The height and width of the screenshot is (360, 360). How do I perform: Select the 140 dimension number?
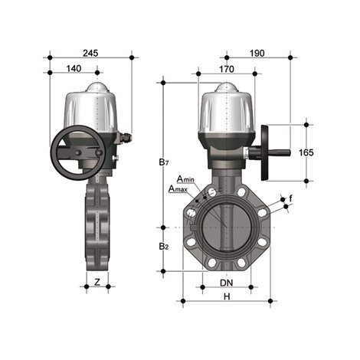[x=74, y=68]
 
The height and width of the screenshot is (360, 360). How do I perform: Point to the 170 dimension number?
[x=227, y=68]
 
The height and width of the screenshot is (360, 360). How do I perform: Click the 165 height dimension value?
[x=306, y=152]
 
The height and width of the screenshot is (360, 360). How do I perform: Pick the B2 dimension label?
[x=163, y=247]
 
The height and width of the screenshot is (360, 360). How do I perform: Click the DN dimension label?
[x=227, y=283]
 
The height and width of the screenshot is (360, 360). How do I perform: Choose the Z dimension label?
[x=97, y=282]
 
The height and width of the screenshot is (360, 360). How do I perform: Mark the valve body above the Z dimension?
[x=97, y=222]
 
